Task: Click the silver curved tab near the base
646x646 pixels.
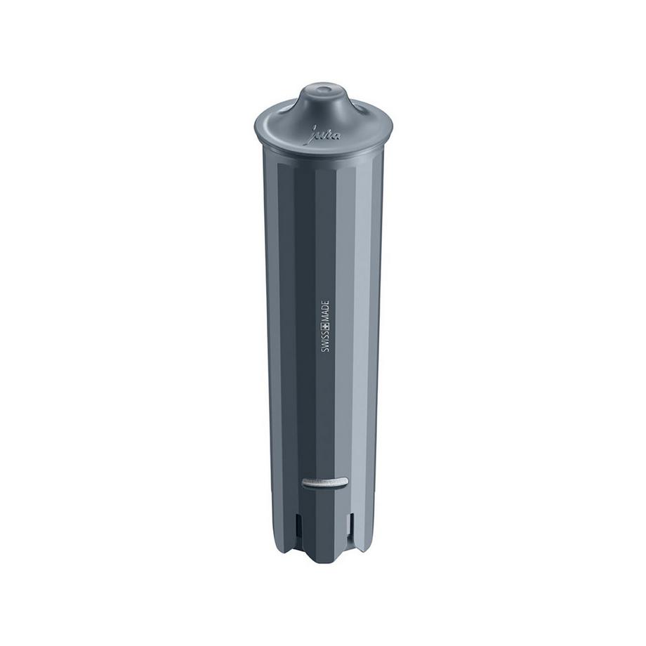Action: [324, 482]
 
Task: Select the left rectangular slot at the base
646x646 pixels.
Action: [300, 523]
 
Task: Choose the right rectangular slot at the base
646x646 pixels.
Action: [349, 523]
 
